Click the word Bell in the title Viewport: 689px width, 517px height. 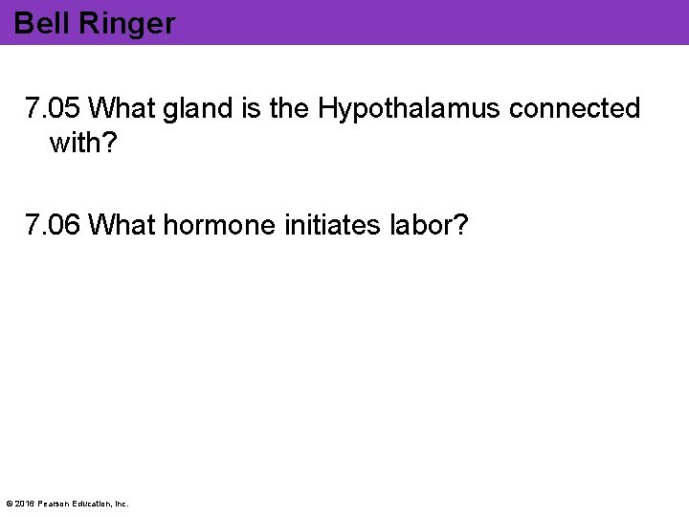[38, 23]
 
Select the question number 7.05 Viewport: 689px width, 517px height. [54, 109]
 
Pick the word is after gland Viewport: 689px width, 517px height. [251, 109]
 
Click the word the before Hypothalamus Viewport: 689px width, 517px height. [290, 109]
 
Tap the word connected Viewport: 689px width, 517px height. [575, 109]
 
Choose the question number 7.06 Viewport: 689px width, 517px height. [54, 225]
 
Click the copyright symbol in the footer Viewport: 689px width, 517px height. [10, 504]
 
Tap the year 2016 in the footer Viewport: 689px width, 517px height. [26, 504]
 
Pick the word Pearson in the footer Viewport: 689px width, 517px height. [56, 504]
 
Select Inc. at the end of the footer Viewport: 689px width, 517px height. [122, 504]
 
